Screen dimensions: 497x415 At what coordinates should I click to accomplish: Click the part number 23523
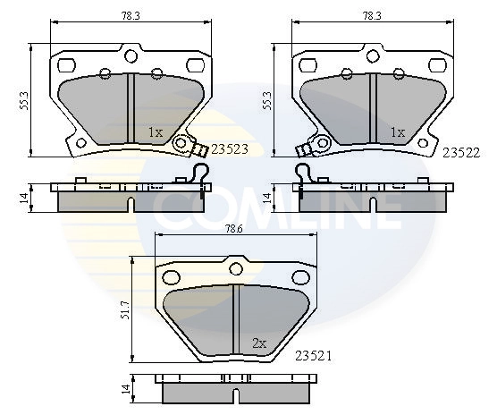point(230,149)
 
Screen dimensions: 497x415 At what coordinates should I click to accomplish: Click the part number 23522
point(461,153)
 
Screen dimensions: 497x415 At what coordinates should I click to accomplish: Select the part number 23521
point(313,356)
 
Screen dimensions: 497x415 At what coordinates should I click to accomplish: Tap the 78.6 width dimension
point(235,229)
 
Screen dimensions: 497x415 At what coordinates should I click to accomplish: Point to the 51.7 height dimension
point(125,309)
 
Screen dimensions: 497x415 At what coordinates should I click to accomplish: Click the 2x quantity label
point(259,343)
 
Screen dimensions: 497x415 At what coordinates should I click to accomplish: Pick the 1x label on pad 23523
point(156,132)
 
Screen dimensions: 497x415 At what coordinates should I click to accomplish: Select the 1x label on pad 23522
point(398,132)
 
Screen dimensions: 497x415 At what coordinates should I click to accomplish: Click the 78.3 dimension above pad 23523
point(131,16)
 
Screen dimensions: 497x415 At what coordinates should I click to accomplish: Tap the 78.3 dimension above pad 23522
point(372,16)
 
